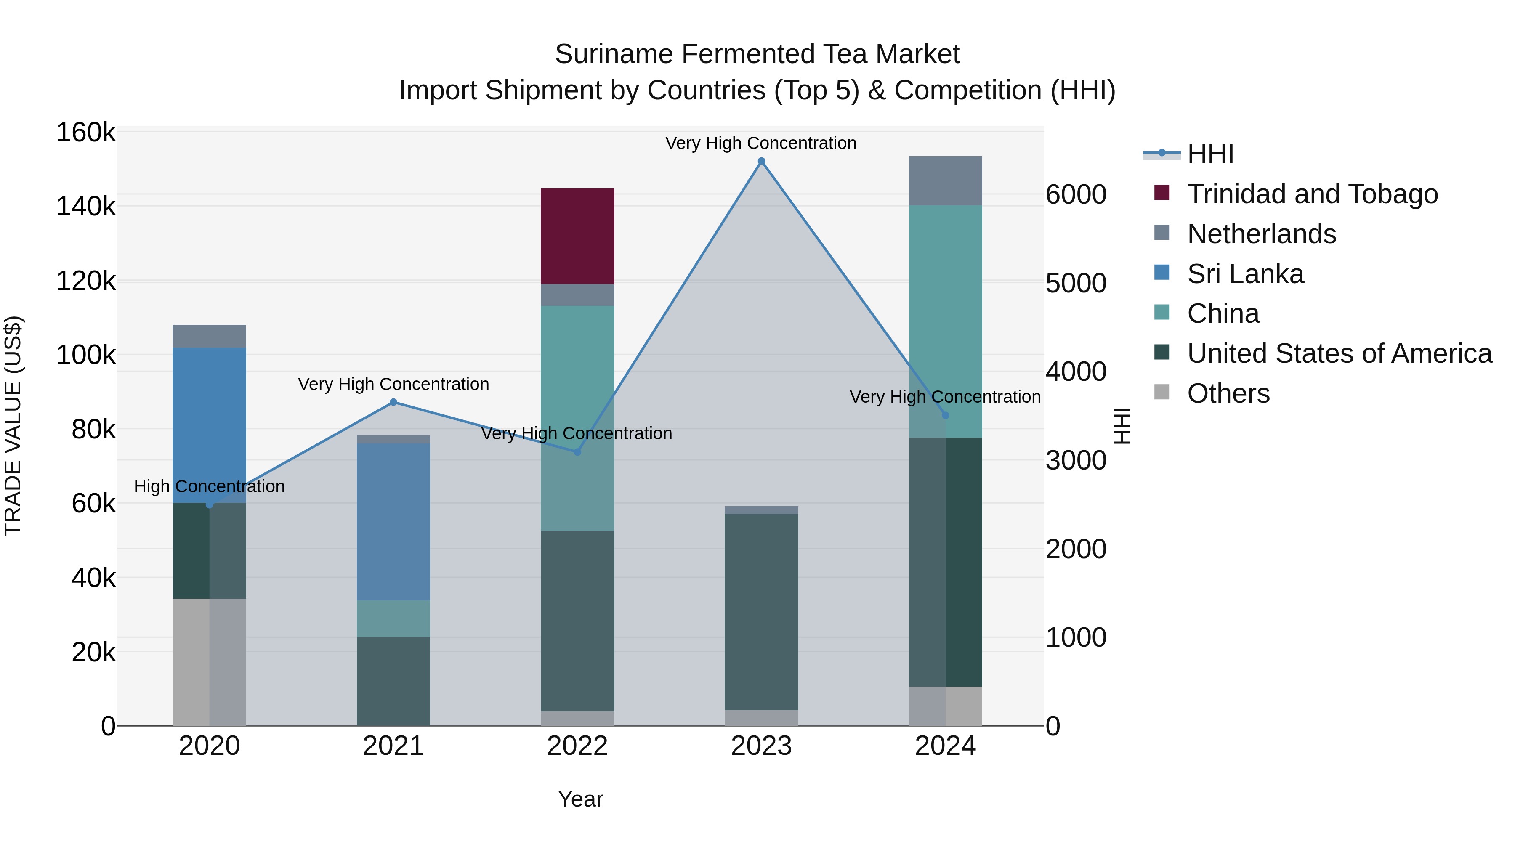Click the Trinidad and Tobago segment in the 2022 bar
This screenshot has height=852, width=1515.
click(577, 236)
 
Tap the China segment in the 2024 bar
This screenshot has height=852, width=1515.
click(945, 321)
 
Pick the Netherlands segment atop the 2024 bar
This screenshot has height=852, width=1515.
click(945, 180)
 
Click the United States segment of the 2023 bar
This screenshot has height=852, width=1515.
click(761, 611)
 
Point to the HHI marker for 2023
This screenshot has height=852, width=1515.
click(761, 161)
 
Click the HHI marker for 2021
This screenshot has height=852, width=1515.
click(393, 402)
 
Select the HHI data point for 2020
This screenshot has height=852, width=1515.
click(210, 504)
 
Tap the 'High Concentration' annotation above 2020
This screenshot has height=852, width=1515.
click(210, 486)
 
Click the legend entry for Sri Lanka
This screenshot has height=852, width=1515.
click(1245, 274)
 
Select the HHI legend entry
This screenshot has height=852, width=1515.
click(1210, 154)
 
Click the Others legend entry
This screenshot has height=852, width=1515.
click(1228, 393)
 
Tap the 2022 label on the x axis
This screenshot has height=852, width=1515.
click(577, 746)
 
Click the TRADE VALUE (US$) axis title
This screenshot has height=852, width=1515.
click(13, 426)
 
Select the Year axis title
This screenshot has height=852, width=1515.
click(580, 799)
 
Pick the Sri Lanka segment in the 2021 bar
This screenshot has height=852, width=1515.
click(393, 522)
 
